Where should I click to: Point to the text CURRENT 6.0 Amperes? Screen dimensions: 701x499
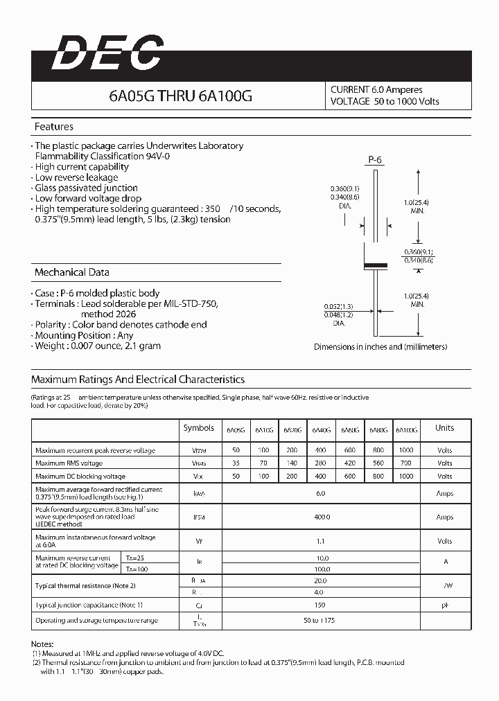(376, 90)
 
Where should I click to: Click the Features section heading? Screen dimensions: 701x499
(54, 127)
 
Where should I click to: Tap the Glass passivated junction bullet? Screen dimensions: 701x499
(86, 188)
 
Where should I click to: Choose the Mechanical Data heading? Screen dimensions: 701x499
(71, 272)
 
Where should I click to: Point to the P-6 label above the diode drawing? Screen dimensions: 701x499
(375, 161)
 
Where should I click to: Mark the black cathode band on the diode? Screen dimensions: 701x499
(375, 265)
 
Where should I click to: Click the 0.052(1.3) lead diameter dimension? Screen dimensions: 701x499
(339, 305)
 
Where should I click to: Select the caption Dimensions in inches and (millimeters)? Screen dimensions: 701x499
(380, 346)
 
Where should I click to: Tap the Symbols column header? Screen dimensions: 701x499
(199, 428)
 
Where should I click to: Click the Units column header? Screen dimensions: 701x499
(444, 428)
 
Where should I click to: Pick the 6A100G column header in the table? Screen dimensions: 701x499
(407, 430)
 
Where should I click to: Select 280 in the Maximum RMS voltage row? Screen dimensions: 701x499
(321, 463)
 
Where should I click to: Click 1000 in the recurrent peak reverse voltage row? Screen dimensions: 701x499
(407, 450)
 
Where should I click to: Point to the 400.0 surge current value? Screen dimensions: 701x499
(321, 517)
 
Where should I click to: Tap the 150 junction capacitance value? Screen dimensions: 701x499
(321, 605)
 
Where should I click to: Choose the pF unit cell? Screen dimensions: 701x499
(444, 605)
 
